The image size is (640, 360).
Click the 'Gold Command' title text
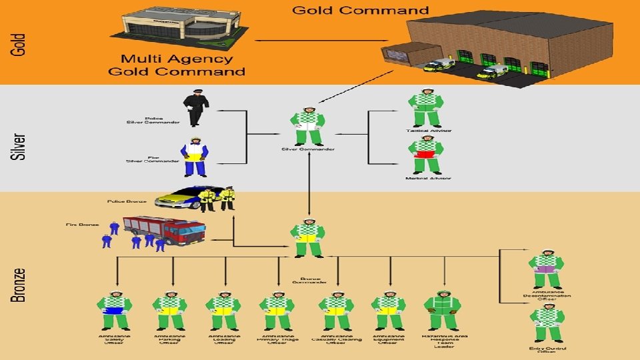360,10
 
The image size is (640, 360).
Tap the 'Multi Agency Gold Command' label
183,65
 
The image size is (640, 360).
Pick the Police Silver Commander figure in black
195,107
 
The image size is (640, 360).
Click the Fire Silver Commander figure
195,156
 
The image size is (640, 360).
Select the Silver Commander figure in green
308,125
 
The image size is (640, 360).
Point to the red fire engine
165,230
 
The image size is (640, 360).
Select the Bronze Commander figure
308,238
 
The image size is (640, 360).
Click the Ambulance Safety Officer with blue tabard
115,311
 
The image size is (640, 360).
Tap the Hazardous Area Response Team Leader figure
443,311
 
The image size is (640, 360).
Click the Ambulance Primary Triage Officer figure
277,311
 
